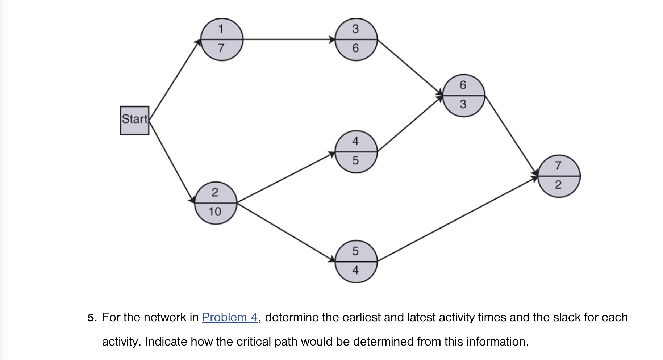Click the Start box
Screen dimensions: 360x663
point(134,121)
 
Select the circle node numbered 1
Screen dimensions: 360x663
point(221,39)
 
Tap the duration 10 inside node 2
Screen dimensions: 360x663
point(215,212)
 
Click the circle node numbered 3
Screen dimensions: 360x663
point(356,39)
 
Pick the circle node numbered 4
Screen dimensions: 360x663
point(356,152)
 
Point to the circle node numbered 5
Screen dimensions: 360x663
point(356,261)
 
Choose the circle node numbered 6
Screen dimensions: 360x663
point(463,96)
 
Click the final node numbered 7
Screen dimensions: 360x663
point(559,176)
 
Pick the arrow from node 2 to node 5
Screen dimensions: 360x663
point(286,232)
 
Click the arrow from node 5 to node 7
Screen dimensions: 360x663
point(457,219)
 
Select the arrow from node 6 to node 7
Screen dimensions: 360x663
point(511,136)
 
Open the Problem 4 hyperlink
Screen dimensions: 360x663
point(230,317)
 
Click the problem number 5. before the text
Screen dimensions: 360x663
point(92,318)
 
